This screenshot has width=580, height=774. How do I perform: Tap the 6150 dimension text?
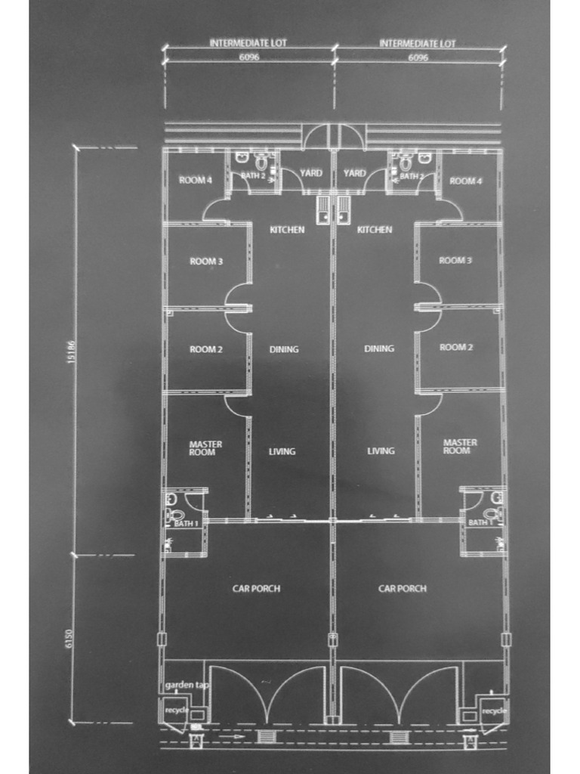coord(71,639)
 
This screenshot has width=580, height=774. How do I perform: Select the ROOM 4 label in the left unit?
coord(196,180)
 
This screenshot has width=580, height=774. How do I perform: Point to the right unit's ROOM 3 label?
coord(455,260)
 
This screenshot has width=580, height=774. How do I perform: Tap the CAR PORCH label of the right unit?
coord(402,588)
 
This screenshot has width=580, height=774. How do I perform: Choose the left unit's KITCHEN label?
coord(287,229)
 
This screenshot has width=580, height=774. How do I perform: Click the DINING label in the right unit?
coord(379,348)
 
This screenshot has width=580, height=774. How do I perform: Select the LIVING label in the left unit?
coord(282,451)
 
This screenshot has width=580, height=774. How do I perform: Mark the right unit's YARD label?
coord(354,173)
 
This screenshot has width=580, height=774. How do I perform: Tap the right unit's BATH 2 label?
coord(412,176)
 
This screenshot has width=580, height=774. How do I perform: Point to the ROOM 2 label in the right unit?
coord(456,347)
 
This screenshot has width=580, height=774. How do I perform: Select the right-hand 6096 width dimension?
coord(418,57)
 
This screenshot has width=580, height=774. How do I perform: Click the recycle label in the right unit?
coord(494,711)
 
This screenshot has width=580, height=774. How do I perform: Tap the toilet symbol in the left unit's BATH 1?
coord(171,515)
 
